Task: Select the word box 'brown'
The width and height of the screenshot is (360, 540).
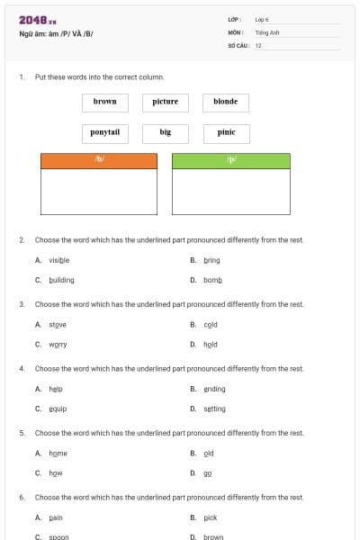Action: (x=105, y=102)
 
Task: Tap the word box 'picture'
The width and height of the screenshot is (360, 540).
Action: (x=166, y=102)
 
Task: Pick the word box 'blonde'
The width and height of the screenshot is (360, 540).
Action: (x=226, y=102)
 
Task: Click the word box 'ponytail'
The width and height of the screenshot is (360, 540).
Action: (x=105, y=132)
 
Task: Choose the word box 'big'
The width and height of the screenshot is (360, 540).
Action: (x=166, y=132)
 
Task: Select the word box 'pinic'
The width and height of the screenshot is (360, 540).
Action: (x=226, y=132)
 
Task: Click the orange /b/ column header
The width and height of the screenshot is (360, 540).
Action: (x=99, y=160)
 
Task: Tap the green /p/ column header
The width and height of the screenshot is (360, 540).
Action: (x=231, y=160)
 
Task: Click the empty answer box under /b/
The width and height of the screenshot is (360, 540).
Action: (x=99, y=191)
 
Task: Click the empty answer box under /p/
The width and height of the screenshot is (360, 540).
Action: (x=231, y=191)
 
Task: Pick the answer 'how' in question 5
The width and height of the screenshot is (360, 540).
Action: (x=56, y=472)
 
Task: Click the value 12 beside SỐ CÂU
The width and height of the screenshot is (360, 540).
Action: (x=258, y=44)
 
